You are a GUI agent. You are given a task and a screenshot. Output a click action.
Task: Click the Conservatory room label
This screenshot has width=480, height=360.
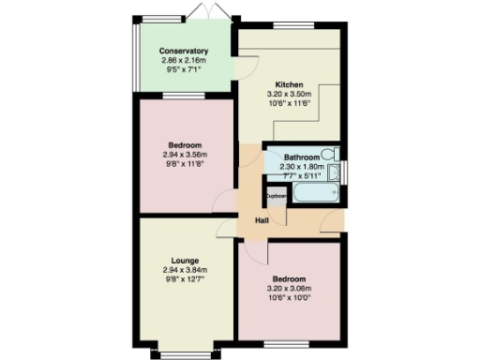coord(183,51)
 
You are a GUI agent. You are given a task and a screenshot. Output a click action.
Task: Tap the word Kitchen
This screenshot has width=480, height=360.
coord(289,84)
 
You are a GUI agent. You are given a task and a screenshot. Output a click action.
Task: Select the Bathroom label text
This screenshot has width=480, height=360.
coord(302,157)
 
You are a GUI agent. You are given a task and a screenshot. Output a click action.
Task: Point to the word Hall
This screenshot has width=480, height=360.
coord(262,220)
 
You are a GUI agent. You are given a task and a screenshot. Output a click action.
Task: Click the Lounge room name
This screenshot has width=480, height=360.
coord(184,261)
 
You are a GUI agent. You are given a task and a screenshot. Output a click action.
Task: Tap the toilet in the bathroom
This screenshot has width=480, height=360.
coord(335,154)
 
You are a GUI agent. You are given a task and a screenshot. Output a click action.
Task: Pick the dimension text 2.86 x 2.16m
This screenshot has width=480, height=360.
coord(183,60)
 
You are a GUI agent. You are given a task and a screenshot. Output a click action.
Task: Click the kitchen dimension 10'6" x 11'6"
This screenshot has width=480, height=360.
coord(289,103)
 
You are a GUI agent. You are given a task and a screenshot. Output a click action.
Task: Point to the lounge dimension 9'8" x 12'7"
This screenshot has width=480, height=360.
coord(184,279)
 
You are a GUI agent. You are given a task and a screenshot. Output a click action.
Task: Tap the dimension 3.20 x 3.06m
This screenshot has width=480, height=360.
coord(289,289)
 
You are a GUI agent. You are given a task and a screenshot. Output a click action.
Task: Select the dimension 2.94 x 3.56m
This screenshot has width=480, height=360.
coord(184,155)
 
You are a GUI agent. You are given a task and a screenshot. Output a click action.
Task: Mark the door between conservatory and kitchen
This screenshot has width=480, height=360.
coord(243,65)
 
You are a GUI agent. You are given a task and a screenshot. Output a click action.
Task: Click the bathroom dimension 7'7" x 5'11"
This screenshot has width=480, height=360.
coord(300,175)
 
